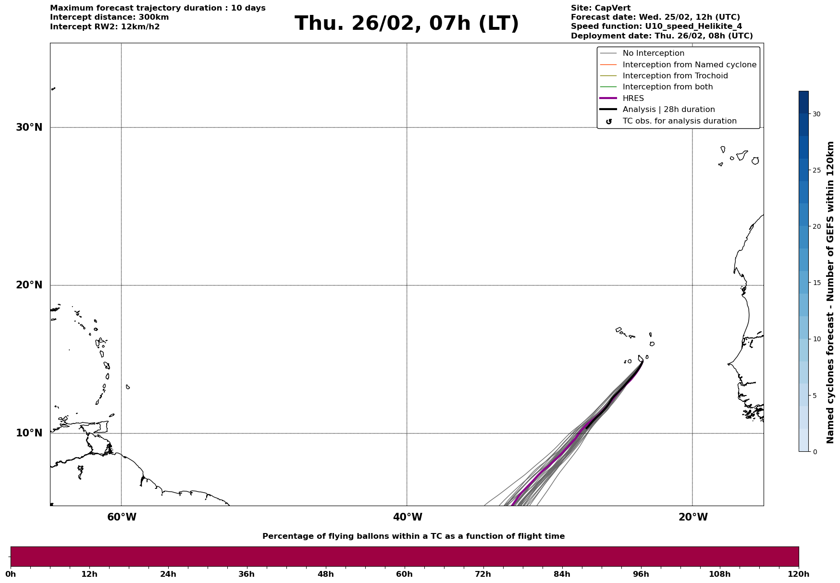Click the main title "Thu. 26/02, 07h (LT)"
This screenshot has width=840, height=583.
(407, 24)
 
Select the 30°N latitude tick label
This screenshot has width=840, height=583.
(29, 127)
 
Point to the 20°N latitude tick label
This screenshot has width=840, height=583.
(29, 285)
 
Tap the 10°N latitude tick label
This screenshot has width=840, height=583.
(29, 433)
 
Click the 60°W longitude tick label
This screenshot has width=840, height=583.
(122, 517)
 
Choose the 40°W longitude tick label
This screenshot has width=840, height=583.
(408, 517)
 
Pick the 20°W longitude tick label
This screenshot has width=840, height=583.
(693, 517)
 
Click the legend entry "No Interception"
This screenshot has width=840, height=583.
(653, 53)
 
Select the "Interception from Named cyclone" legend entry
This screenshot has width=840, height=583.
(689, 65)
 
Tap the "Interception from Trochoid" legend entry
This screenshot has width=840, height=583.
(675, 76)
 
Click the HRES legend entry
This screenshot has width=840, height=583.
(633, 99)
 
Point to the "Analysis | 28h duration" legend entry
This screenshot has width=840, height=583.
(668, 110)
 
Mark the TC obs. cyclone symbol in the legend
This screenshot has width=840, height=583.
(609, 122)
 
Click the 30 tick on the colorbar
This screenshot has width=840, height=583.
(816, 114)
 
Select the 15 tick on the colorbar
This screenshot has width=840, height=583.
(816, 283)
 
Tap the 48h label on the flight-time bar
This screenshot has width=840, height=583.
(325, 574)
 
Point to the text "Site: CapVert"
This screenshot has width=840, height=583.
(600, 8)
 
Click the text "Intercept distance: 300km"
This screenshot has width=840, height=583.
(109, 17)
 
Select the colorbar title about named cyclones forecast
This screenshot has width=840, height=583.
(830, 292)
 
